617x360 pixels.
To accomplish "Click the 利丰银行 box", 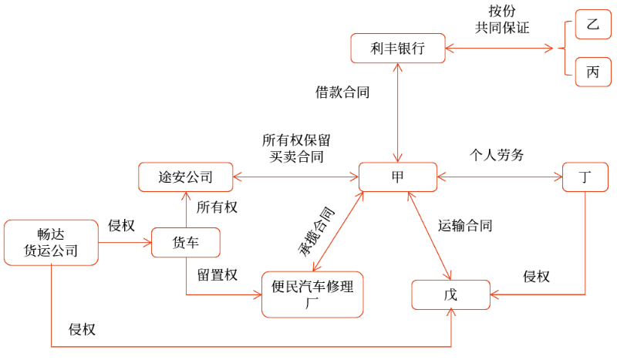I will [398, 49].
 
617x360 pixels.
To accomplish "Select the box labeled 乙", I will [592, 25].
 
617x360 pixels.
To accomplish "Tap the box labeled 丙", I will [592, 72].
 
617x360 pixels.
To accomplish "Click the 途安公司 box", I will [185, 177].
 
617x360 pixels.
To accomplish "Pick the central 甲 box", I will [398, 177].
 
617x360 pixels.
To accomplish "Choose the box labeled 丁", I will [585, 177].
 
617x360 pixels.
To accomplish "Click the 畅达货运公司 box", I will [51, 242].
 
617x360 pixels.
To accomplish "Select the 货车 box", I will [186, 242].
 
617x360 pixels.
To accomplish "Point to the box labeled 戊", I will [450, 294].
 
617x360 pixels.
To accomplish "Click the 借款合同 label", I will [342, 93].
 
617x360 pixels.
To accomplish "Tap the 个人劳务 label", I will [497, 155].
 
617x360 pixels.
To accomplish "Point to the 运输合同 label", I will [465, 226].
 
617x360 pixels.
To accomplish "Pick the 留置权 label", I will [217, 275].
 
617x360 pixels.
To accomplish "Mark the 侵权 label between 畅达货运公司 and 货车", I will [121, 226].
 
